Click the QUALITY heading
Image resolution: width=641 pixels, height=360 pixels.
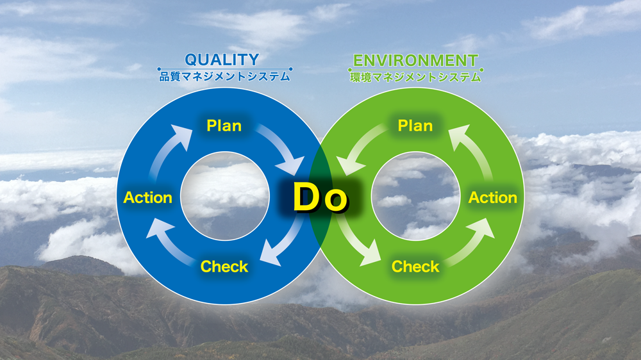222,60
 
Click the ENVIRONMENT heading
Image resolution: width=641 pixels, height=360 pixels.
415,60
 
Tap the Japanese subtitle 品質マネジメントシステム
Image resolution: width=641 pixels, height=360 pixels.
224,76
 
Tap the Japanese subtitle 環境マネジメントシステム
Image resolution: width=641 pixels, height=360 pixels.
415,78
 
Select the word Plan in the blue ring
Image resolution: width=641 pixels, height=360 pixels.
224,126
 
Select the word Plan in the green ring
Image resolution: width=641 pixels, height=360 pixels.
415,126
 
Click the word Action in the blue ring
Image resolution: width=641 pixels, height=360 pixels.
148,198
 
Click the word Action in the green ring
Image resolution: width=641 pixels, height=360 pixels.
492,198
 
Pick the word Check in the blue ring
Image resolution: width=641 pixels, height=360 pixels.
224,266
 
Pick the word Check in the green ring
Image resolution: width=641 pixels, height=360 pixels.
415,266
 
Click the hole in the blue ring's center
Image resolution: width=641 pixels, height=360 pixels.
225,196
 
